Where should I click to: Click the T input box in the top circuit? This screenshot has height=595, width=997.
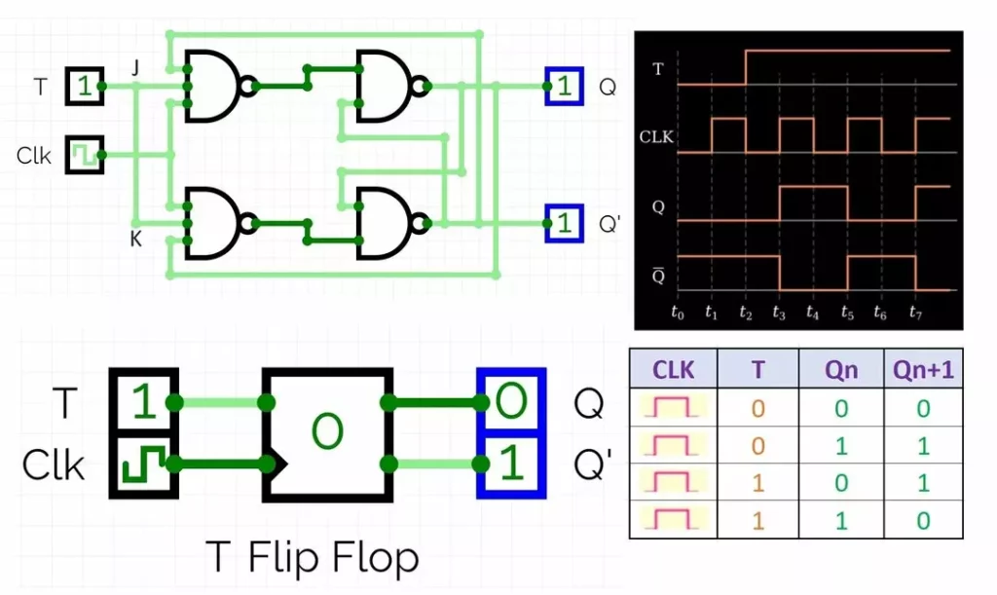point(85,87)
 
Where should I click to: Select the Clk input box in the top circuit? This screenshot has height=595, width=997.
point(85,155)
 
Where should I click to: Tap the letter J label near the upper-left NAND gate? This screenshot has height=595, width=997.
point(136,67)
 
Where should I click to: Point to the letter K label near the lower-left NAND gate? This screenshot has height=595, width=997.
point(136,239)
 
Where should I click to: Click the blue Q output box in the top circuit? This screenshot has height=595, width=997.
point(564,87)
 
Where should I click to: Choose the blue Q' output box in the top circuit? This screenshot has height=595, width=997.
point(564,223)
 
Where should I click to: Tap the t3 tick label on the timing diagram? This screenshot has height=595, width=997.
point(779,313)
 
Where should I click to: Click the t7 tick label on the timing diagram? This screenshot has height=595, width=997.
point(916,313)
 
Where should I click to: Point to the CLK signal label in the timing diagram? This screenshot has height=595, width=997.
point(656,138)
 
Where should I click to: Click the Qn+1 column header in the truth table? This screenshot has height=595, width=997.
point(921,370)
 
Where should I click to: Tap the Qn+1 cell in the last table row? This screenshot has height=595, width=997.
point(921,520)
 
